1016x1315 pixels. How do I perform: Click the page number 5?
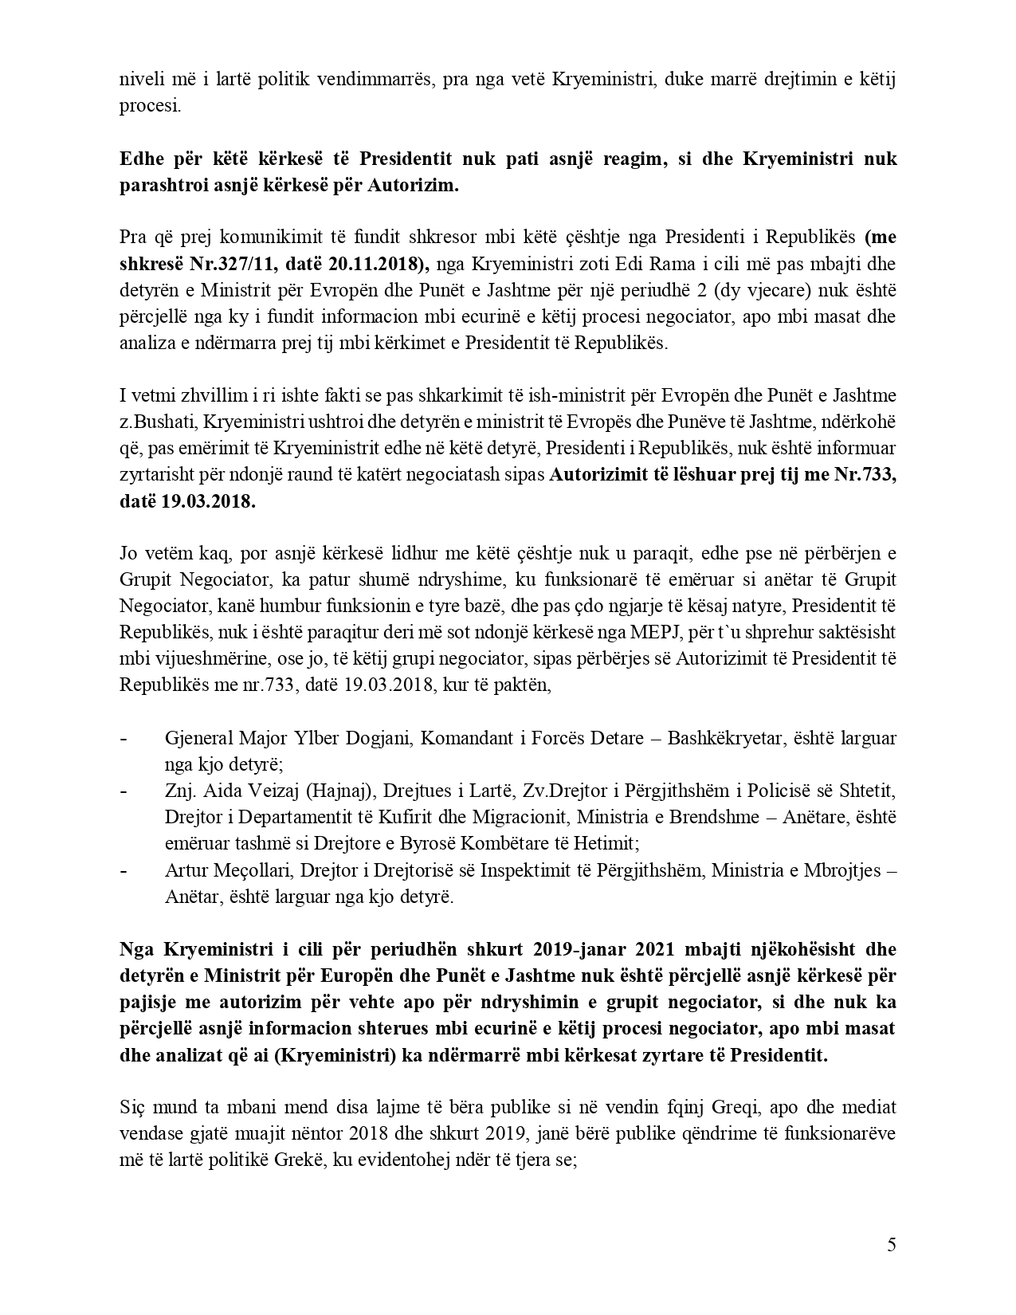coord(891,1245)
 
